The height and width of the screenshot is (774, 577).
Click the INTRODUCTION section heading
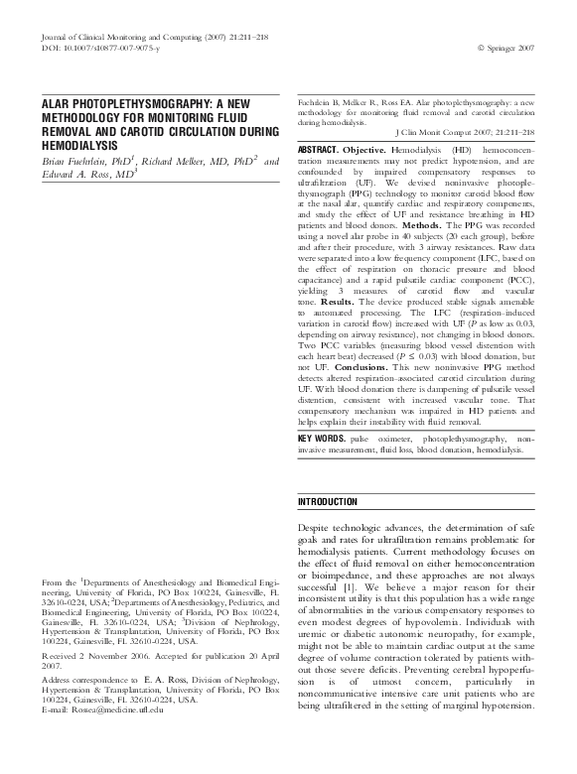328,502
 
